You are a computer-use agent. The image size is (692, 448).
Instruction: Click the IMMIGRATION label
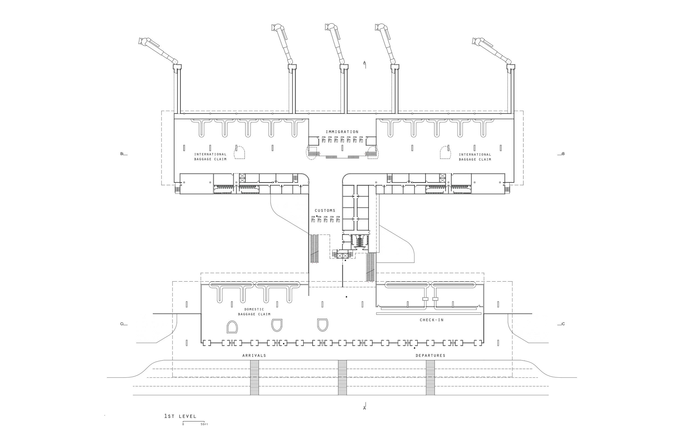pos(342,132)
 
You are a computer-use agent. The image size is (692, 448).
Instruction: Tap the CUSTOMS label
pos(325,210)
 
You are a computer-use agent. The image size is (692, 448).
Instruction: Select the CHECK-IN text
pos(432,320)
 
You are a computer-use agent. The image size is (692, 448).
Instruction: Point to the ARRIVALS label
pos(254,356)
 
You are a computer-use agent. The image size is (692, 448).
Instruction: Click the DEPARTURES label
pos(430,356)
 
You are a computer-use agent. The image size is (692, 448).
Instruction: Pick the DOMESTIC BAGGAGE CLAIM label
pos(254,311)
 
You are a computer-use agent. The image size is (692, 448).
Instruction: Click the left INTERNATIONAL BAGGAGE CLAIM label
pos(210,157)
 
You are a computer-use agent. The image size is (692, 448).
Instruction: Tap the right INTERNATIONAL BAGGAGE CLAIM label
pos(475,157)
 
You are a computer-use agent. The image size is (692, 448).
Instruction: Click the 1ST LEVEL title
pos(180,416)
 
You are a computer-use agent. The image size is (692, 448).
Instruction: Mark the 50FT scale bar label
pos(204,424)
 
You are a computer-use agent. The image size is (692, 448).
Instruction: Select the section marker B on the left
pos(122,154)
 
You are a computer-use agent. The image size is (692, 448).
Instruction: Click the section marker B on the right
pos(563,154)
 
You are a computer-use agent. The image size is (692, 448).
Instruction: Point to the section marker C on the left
pos(122,324)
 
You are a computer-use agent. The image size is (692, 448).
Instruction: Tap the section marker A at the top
pos(365,63)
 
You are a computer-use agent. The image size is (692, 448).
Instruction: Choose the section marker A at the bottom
pos(365,408)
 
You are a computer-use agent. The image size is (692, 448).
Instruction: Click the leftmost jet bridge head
pos(143,42)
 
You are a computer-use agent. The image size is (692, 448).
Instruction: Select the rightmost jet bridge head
pos(477,42)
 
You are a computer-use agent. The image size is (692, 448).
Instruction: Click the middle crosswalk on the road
pos(342,377)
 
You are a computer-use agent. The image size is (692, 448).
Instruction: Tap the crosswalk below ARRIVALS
pos(254,377)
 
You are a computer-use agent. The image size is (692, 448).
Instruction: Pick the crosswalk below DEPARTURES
pos(430,377)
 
